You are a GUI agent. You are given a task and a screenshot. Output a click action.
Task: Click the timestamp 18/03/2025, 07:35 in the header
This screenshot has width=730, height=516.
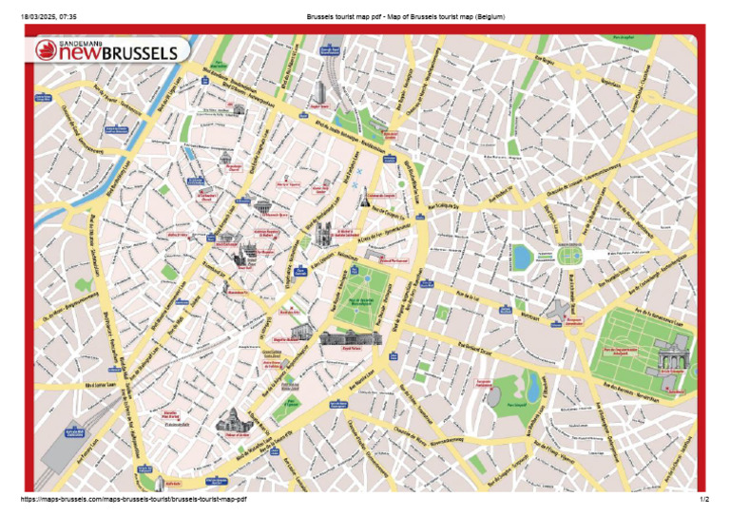click(x=49, y=16)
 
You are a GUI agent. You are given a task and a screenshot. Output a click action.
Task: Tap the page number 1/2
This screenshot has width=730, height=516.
click(x=703, y=499)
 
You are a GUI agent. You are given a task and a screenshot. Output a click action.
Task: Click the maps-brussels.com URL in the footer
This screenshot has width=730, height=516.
click(x=133, y=499)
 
